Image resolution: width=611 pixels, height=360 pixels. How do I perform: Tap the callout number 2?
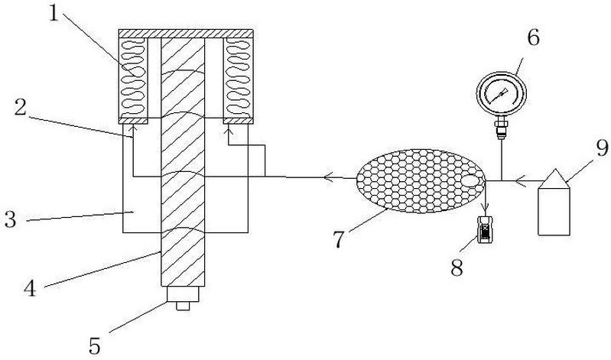coord(20,107)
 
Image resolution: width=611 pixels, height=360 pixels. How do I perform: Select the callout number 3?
coord(10,219)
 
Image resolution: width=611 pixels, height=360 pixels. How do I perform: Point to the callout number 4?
coord(30,289)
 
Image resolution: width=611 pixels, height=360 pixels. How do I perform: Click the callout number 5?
coord(95,345)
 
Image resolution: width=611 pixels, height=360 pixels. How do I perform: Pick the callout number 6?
coord(533,37)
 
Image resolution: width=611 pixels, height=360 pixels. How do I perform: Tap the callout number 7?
coord(339,239)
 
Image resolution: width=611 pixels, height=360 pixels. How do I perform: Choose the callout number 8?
coord(457,268)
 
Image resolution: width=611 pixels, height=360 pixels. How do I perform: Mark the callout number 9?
coord(602,148)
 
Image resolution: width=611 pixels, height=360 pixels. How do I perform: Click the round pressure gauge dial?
coord(502,93)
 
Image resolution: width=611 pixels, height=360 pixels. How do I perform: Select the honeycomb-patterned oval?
coord(421,181)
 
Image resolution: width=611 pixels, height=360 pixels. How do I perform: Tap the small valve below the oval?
coord(485,230)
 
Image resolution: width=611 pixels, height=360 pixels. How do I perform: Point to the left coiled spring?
coord(133,78)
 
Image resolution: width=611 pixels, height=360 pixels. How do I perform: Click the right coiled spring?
coord(238,78)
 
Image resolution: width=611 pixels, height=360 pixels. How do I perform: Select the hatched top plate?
coord(186,34)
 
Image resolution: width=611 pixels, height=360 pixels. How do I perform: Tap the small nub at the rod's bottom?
coord(183,306)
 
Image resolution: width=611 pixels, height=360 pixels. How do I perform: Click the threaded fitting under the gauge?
coord(501,129)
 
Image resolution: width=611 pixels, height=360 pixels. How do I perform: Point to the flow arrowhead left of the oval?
coord(327,177)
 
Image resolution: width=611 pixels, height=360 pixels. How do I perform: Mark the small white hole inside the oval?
coord(472,181)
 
